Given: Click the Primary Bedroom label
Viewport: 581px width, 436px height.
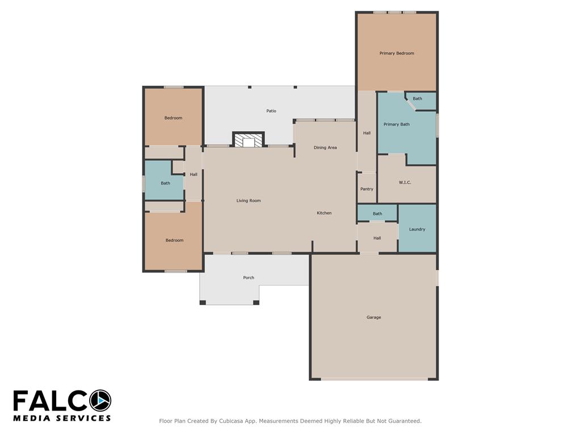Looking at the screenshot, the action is pyautogui.click(x=397, y=53).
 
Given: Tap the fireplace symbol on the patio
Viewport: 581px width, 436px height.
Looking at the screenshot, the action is pyautogui.click(x=249, y=140).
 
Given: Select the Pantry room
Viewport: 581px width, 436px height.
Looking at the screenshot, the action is pyautogui.click(x=367, y=188).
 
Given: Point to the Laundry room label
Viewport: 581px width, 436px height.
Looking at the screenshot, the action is pyautogui.click(x=417, y=229).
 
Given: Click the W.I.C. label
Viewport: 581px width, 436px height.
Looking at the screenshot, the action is pyautogui.click(x=405, y=182).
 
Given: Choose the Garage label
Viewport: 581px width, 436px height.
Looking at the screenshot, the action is pyautogui.click(x=373, y=317).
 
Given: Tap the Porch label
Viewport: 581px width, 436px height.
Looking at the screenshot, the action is pyautogui.click(x=249, y=278).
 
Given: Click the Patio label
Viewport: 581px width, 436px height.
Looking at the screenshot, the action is pyautogui.click(x=271, y=111).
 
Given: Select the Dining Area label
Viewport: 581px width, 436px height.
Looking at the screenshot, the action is pyautogui.click(x=325, y=148).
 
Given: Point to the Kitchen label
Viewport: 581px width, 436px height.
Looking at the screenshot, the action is pyautogui.click(x=324, y=213).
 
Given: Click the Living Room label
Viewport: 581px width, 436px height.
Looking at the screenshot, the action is pyautogui.click(x=249, y=200).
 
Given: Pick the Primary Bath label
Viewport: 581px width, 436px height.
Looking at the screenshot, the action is pyautogui.click(x=397, y=124).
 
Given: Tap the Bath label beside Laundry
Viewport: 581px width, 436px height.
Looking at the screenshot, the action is pyautogui.click(x=377, y=213).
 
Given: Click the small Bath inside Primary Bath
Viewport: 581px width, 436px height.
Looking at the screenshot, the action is pyautogui.click(x=417, y=99).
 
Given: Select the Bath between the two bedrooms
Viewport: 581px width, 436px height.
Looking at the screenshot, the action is pyautogui.click(x=165, y=183).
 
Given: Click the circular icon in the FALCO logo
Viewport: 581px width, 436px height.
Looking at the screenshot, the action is pyautogui.click(x=100, y=401).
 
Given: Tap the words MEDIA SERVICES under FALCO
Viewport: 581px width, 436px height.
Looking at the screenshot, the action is pyautogui.click(x=62, y=418).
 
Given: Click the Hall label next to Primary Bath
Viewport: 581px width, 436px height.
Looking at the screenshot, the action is pyautogui.click(x=367, y=133).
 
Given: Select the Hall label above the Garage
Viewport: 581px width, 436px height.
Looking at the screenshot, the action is pyautogui.click(x=377, y=238).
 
